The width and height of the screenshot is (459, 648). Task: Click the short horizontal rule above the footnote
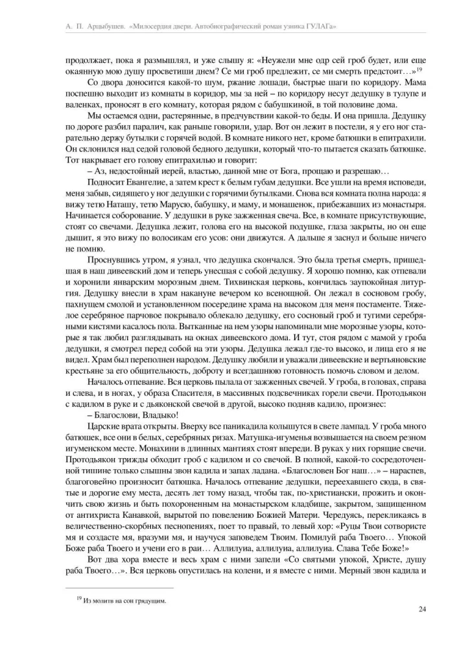(119, 588)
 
